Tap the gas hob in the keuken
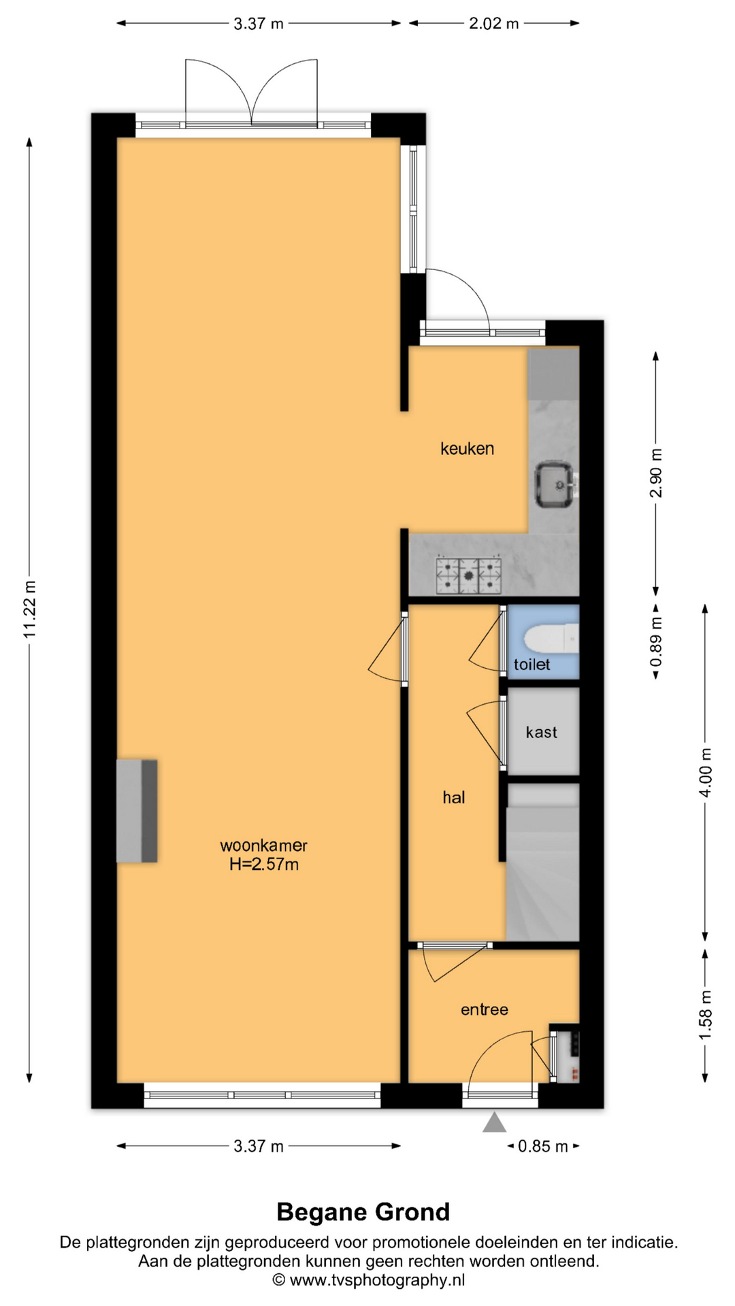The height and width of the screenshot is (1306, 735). pyautogui.click(x=469, y=575)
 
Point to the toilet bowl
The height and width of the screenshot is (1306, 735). pyautogui.click(x=551, y=639)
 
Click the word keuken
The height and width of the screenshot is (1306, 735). pyautogui.click(x=467, y=449)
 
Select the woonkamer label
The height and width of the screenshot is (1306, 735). pyautogui.click(x=263, y=845)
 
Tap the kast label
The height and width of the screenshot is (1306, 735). pyautogui.click(x=541, y=733)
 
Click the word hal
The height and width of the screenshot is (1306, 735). pyautogui.click(x=454, y=797)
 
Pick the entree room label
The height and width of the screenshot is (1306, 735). pyautogui.click(x=485, y=1009)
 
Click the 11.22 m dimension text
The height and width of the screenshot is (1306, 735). pyautogui.click(x=29, y=609)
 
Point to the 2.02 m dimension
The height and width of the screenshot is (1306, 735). pyautogui.click(x=494, y=24)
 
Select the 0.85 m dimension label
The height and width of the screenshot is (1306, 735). pyautogui.click(x=543, y=1146)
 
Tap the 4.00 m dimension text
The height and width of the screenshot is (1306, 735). pyautogui.click(x=706, y=773)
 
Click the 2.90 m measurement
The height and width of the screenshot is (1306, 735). pyautogui.click(x=656, y=473)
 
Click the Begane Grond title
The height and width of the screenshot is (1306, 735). pyautogui.click(x=363, y=1212)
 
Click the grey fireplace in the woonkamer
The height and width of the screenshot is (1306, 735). pyautogui.click(x=137, y=811)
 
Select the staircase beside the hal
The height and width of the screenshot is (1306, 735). pyautogui.click(x=542, y=863)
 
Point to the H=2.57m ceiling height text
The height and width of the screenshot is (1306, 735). pyautogui.click(x=264, y=865)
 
